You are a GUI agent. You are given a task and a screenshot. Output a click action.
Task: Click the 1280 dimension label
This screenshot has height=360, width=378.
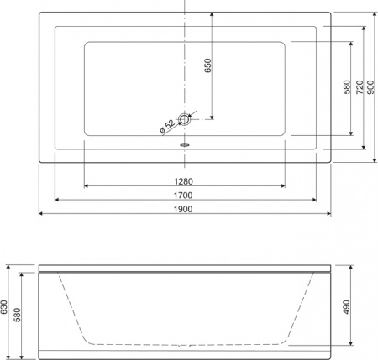click(x=185, y=180)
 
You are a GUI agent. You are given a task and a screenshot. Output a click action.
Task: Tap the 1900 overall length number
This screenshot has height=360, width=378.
click(x=185, y=207)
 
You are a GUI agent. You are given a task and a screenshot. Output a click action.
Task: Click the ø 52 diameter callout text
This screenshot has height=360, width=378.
click(x=165, y=126)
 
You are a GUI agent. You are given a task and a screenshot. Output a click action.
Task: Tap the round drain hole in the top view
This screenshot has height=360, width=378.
click(x=185, y=120)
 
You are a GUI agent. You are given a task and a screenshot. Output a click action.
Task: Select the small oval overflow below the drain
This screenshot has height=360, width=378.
click(x=185, y=143)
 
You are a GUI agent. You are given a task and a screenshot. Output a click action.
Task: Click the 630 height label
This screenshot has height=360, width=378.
click(x=6, y=311)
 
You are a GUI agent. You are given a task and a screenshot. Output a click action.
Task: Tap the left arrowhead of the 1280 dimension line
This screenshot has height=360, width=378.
click(x=87, y=185)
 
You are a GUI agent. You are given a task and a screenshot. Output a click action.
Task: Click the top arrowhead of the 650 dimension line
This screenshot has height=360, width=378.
click(x=212, y=14)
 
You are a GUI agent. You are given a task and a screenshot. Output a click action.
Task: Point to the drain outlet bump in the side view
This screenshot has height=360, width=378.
click(x=185, y=344)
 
